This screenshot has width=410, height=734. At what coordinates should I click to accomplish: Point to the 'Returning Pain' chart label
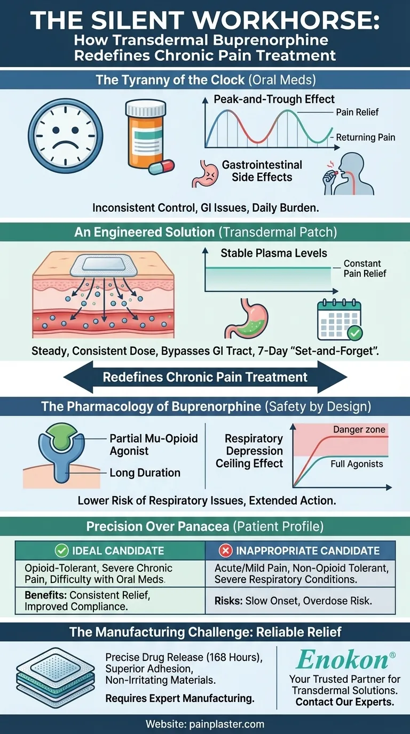[366, 138]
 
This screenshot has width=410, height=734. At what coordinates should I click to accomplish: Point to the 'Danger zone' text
[359, 429]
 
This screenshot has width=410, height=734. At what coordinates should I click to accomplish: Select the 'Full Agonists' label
[357, 464]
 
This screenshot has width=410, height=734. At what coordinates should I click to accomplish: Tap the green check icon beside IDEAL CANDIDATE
[62, 550]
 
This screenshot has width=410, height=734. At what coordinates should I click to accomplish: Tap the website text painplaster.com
[205, 724]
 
